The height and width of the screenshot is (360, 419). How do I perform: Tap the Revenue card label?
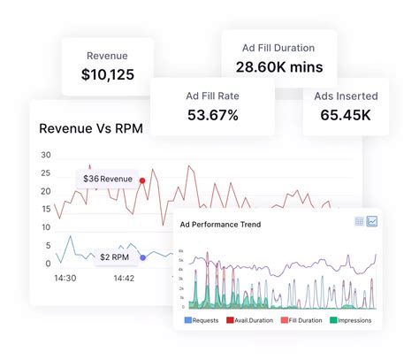(106, 55)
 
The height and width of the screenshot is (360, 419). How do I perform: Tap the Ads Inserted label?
(347, 95)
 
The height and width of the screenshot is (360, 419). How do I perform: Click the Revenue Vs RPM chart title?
(91, 128)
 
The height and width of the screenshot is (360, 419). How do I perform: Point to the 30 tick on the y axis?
(45, 155)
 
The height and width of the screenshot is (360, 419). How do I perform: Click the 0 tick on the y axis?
(47, 264)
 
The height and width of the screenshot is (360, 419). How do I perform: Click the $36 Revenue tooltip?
(107, 180)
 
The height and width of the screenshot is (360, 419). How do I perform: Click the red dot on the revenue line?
(142, 180)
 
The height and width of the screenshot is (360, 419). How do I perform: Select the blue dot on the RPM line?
(143, 257)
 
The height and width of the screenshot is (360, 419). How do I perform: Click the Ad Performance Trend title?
(220, 225)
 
